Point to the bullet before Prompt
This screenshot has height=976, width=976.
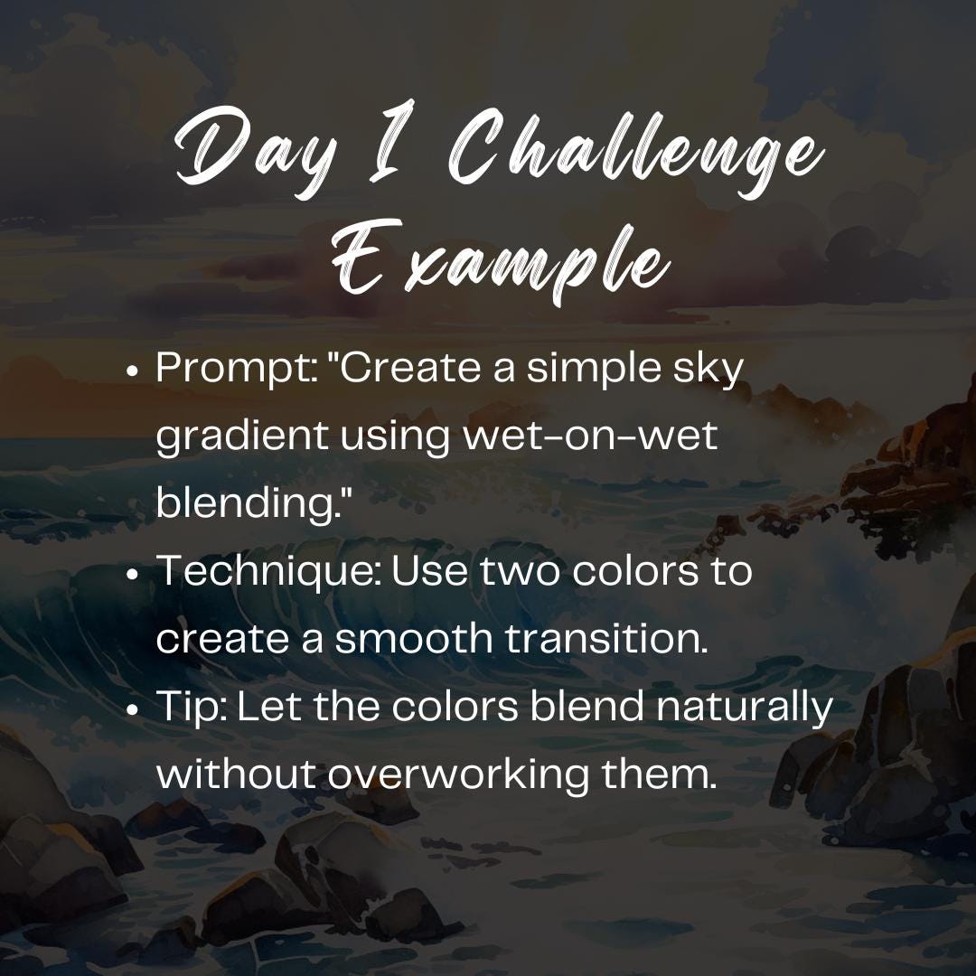point(133,371)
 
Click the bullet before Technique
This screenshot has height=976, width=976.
point(133,573)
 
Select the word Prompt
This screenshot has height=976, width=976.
point(230,370)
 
